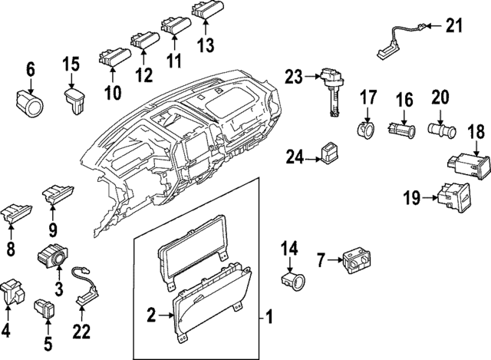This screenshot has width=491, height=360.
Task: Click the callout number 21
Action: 456,27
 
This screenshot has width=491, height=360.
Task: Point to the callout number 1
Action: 269,315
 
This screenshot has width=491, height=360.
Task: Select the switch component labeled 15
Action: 74,99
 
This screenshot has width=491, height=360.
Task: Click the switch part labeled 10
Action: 112,58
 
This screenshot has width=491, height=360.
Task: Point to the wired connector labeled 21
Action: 395,40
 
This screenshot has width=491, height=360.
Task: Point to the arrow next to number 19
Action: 433,198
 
